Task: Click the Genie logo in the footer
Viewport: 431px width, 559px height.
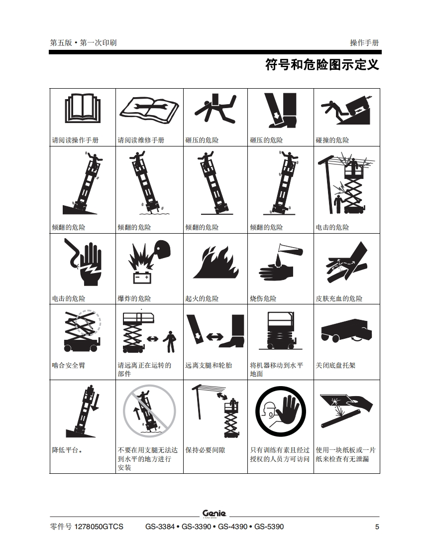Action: tap(214, 514)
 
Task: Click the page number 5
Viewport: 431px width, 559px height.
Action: tap(377, 527)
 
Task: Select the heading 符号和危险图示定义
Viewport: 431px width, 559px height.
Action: tap(322, 65)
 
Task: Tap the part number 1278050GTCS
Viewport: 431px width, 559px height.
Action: tap(99, 527)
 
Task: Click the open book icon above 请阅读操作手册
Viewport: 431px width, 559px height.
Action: tap(83, 108)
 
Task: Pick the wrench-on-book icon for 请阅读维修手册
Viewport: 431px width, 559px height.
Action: tap(149, 108)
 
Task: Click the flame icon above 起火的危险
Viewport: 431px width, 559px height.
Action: tap(215, 262)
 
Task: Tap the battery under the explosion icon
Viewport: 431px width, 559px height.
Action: tap(142, 278)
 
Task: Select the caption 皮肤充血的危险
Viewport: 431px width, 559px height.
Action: tap(339, 298)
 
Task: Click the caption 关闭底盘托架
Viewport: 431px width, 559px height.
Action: tap(335, 365)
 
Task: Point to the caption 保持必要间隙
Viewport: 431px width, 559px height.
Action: tap(205, 450)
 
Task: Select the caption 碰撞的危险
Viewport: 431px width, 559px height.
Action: tap(332, 140)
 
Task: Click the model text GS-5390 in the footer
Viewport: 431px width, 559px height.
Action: tap(269, 527)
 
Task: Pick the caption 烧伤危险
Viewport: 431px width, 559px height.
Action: tap(263, 298)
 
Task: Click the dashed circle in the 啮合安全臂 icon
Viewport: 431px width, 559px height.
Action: tap(88, 323)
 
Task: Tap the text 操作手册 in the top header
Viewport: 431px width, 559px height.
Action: tap(364, 43)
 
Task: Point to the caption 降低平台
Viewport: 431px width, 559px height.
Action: tap(67, 450)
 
